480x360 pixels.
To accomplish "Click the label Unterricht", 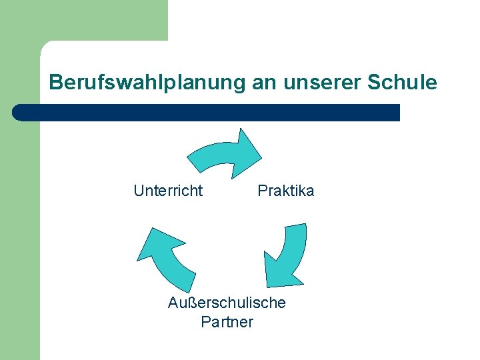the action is pos(168,191).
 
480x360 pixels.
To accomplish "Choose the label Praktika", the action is pos(285,191).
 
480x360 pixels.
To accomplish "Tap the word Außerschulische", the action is pos(227,303).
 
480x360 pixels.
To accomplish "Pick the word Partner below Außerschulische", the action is pos(227,322).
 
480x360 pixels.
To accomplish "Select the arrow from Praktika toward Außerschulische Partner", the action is pos(288,257).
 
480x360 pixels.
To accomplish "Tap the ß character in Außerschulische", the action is pos(195,303).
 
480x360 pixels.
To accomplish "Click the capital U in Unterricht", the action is pos(139,191).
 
